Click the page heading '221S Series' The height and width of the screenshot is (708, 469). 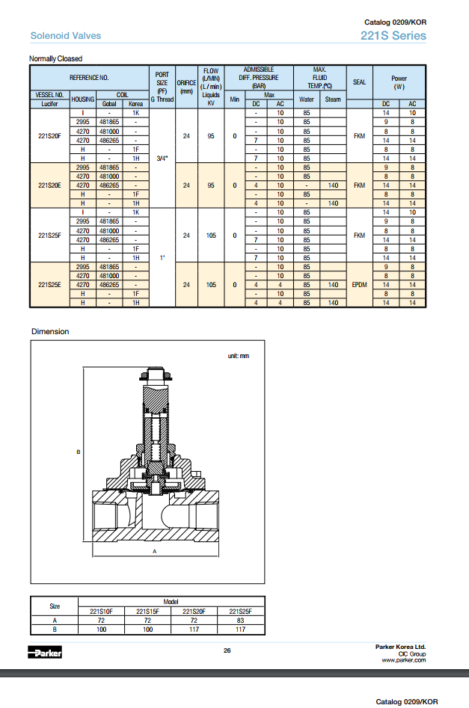(x=393, y=36)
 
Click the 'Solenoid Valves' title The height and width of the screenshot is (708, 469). (x=66, y=36)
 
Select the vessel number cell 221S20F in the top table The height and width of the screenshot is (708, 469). (x=49, y=136)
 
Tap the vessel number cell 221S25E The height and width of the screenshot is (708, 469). (x=49, y=285)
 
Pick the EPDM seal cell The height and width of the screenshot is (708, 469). (x=359, y=285)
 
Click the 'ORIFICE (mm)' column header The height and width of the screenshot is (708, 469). (x=186, y=87)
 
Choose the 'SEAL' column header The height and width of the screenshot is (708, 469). (x=359, y=82)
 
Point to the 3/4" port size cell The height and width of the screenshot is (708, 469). (x=162, y=158)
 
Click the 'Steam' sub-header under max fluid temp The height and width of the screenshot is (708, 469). (x=333, y=99)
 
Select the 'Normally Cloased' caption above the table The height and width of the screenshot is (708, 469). (x=55, y=59)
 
